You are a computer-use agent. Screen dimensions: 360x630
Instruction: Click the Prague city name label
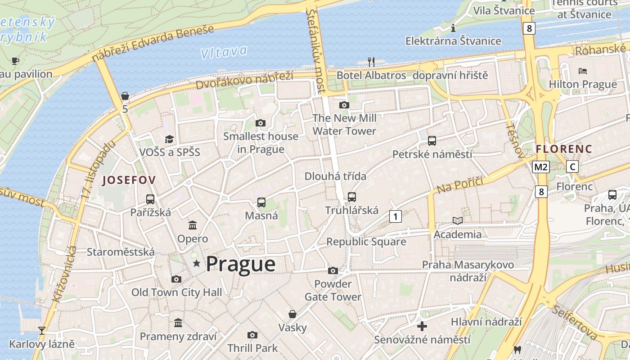240,264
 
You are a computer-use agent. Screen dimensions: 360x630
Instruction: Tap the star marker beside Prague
196,263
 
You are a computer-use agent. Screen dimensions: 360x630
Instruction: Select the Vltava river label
224,52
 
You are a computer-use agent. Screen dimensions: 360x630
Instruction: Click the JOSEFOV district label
129,180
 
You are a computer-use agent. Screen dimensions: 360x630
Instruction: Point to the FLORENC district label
564,148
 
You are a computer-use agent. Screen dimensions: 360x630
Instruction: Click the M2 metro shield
540,167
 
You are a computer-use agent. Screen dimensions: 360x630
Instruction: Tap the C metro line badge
572,166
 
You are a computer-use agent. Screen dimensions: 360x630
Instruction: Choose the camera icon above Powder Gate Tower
333,270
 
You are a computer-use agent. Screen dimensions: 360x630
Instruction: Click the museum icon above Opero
193,225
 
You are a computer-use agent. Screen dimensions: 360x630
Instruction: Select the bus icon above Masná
261,202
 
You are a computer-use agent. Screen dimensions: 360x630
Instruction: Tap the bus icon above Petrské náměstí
432,140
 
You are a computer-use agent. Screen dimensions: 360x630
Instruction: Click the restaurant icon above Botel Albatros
371,62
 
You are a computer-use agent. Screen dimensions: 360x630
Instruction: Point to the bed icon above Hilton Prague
583,71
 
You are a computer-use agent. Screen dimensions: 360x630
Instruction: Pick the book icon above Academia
457,220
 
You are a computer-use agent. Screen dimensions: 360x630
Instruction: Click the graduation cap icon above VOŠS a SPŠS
169,139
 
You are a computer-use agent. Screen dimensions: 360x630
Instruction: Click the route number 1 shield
395,216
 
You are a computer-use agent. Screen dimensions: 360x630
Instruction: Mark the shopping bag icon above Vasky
292,314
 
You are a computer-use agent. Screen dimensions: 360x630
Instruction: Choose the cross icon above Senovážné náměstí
422,326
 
